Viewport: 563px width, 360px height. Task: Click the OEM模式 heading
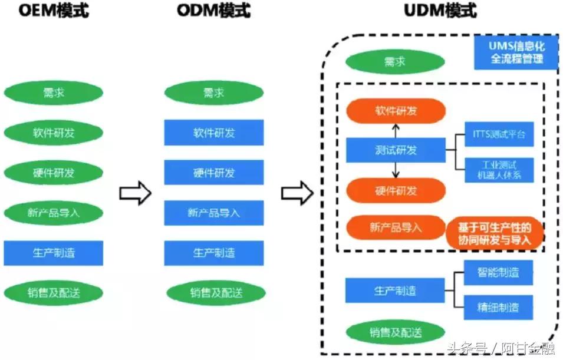click(x=53, y=11)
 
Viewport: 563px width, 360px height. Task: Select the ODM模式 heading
click(x=214, y=11)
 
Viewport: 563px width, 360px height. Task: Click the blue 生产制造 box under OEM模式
click(x=54, y=253)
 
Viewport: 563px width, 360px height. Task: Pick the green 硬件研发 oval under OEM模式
click(x=54, y=173)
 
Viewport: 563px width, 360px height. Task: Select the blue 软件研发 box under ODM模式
click(x=214, y=133)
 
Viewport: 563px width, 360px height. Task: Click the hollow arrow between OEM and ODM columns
click(x=135, y=193)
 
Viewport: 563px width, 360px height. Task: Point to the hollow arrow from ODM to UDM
click(x=297, y=193)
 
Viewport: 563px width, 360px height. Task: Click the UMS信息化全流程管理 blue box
click(x=516, y=52)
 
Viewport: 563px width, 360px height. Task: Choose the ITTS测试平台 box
click(x=499, y=135)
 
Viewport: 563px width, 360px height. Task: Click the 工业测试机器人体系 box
click(x=499, y=170)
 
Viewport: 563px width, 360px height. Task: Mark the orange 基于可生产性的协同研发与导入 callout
click(x=495, y=234)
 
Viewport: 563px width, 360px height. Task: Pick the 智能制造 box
click(x=499, y=273)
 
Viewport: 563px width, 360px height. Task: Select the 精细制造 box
click(x=499, y=307)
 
